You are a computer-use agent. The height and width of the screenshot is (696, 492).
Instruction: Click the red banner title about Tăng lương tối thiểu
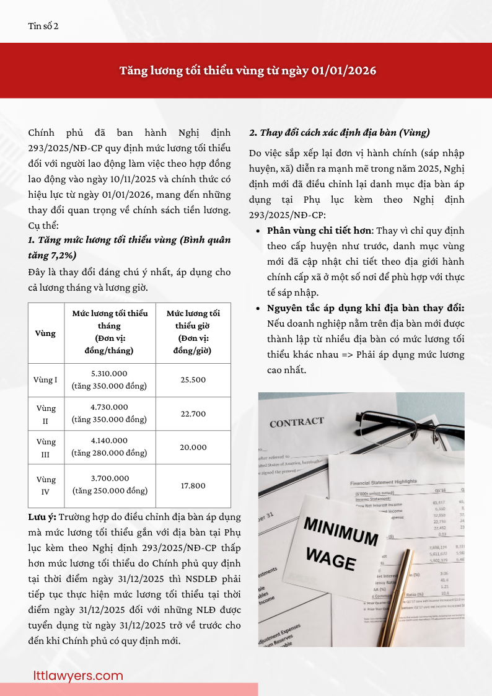[248, 71]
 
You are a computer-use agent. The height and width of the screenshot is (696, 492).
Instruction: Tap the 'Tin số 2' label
[43, 26]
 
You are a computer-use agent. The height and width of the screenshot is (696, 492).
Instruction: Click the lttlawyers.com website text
[78, 676]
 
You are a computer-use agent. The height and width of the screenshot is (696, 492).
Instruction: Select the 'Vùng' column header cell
[46, 333]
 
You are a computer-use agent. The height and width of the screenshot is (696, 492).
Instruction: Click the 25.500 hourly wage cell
[193, 379]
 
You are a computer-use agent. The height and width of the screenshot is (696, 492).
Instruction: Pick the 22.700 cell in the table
[193, 413]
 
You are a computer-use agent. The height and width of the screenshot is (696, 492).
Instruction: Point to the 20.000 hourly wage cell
[193, 447]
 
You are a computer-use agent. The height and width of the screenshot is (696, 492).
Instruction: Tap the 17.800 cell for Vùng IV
[193, 485]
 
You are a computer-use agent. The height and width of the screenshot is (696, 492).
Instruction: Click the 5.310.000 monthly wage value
[109, 374]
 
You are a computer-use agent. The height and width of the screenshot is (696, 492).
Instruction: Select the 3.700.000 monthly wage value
[109, 478]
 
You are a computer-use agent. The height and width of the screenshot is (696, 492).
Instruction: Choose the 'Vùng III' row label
[46, 447]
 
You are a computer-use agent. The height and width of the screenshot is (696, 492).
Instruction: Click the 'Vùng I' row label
[46, 379]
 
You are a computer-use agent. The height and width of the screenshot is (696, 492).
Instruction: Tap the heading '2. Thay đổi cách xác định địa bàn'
[339, 133]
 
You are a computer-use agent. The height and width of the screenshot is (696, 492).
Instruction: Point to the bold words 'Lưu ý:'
[42, 517]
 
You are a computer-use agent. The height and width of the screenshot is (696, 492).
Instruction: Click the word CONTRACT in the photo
[296, 423]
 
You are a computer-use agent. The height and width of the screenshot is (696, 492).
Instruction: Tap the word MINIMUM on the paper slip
[340, 532]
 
